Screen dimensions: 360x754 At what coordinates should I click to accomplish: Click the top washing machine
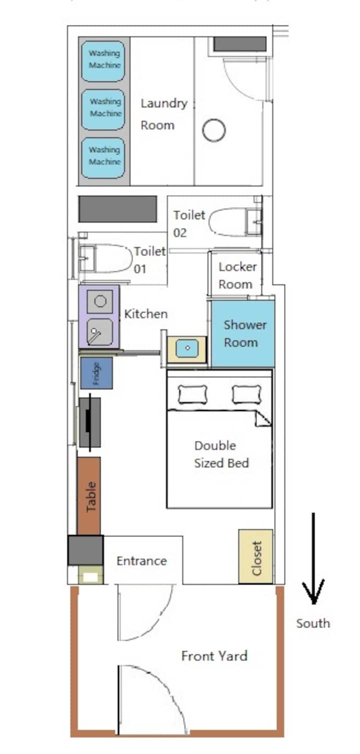[x=103, y=61]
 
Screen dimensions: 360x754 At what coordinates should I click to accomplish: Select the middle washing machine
[x=103, y=109]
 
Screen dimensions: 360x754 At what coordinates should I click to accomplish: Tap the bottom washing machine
[x=103, y=158]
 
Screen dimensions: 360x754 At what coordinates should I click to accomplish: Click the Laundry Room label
[x=163, y=114]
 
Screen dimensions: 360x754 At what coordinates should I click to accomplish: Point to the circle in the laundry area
[x=214, y=130]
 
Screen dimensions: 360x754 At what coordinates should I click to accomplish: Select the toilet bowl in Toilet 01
[x=113, y=258]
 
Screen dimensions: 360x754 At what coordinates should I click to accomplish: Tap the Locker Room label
[x=237, y=275]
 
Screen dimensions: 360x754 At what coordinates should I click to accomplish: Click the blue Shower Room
[x=243, y=333]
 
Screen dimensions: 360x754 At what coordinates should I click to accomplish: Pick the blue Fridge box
[x=96, y=373]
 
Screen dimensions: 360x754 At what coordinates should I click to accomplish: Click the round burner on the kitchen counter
[x=100, y=301]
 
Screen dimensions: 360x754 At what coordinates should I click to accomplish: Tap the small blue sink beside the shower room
[x=187, y=348]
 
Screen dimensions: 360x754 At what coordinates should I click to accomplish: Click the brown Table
[x=89, y=496]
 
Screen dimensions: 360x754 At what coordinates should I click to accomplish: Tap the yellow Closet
[x=255, y=556]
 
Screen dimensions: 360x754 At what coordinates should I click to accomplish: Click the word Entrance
[x=141, y=561]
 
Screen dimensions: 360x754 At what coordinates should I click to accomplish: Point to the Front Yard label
[x=214, y=656]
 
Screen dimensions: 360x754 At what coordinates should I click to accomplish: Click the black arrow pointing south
[x=313, y=558]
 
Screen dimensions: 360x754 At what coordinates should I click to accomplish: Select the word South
[x=313, y=623]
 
